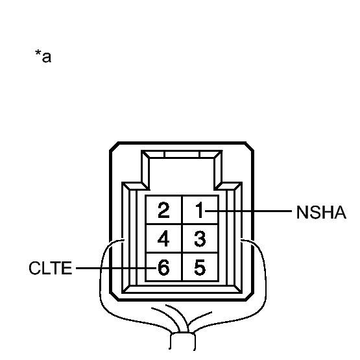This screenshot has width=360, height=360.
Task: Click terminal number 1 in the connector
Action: click(199, 210)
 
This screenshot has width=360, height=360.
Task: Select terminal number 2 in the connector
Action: click(163, 210)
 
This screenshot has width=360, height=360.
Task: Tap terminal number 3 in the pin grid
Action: click(200, 239)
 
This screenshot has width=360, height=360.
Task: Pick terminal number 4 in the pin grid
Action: click(163, 239)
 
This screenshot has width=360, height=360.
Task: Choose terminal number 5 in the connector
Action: click(200, 267)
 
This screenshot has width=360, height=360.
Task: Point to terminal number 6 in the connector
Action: click(163, 267)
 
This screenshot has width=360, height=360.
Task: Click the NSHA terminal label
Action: click(320, 212)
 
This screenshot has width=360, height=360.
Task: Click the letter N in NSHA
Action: click(302, 212)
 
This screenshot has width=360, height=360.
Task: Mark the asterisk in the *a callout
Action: click(38, 53)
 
